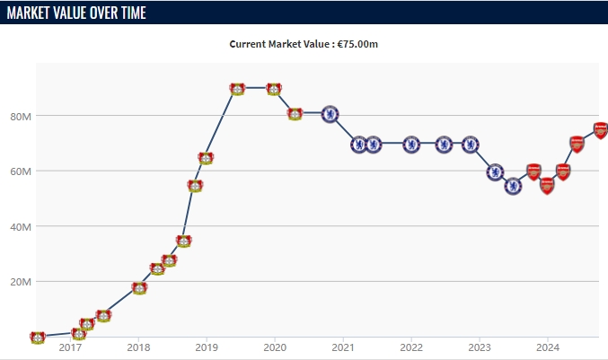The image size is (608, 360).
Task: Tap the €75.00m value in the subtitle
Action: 357,44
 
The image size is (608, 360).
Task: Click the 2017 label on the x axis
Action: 70,347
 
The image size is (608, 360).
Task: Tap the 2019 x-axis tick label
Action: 207,347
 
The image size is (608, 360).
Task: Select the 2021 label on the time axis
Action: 343,347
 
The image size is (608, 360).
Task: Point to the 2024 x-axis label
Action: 548,347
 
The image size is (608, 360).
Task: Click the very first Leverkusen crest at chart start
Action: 37,338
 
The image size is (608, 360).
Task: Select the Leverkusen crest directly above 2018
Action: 139,288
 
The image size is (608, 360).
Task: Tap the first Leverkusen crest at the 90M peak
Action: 237,89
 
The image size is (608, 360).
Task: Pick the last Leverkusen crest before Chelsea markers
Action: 295,114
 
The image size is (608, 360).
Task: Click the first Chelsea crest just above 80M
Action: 330,114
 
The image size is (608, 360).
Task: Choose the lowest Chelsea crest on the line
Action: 513,187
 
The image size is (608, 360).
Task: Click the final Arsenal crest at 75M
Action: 601,130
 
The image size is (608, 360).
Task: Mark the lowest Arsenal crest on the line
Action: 547,186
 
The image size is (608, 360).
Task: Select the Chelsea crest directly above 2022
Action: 411,145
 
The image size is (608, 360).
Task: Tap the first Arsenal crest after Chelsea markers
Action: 533,171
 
